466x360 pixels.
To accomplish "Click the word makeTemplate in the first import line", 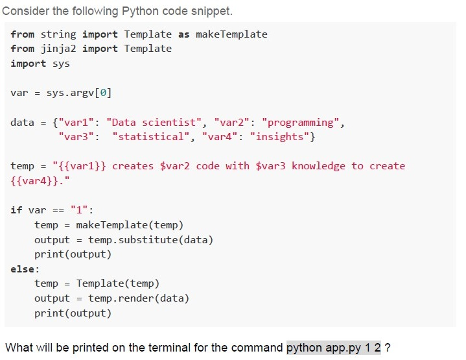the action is [x=231, y=34].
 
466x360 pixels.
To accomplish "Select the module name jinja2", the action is [x=58, y=49].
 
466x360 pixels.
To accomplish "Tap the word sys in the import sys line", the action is [x=61, y=64].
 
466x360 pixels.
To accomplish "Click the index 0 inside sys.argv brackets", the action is [x=103, y=93].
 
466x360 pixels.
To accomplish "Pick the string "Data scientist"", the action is [x=154, y=123].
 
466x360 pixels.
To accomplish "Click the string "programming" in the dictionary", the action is [x=301, y=123].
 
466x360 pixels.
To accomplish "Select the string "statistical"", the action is [x=151, y=137].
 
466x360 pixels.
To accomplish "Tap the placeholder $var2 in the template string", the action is [x=175, y=166].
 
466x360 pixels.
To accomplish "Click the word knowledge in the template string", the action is [x=318, y=166].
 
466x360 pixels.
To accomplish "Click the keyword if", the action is [x=17, y=210].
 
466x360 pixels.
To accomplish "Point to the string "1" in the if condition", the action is [x=79, y=210].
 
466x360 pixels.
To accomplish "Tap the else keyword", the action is [x=23, y=269].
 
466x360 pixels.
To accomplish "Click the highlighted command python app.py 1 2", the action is [x=333, y=348].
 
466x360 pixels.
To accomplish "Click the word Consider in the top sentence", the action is [x=25, y=11].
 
